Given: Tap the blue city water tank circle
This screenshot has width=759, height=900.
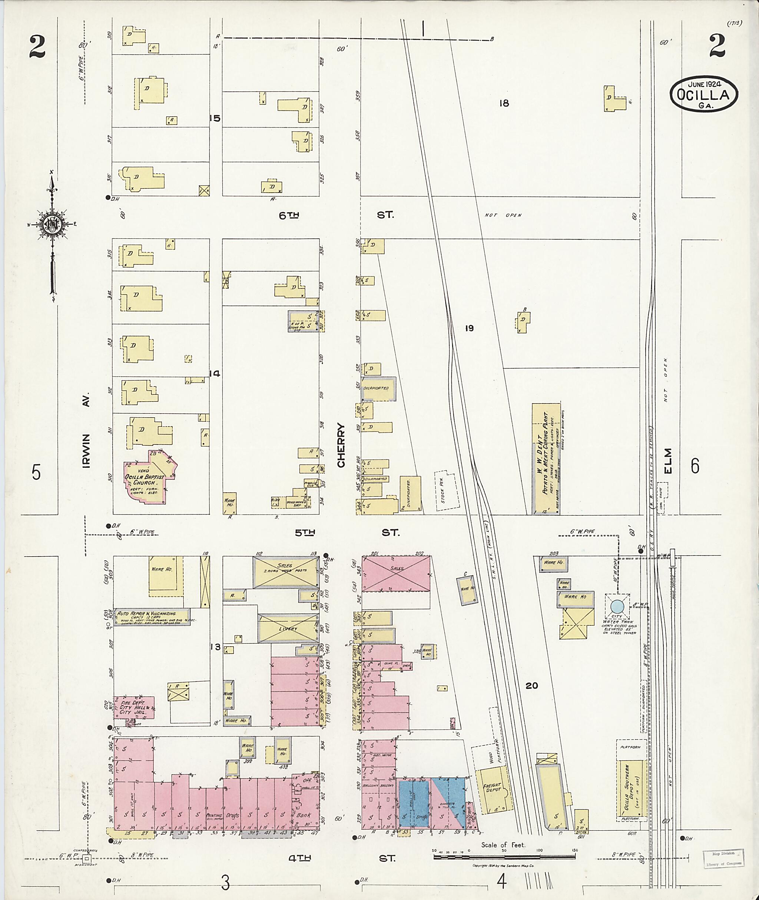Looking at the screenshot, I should pyautogui.click(x=617, y=607).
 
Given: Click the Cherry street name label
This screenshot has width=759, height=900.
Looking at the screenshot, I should pyautogui.click(x=341, y=445).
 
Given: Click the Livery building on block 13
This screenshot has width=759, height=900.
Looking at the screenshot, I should pyautogui.click(x=288, y=628).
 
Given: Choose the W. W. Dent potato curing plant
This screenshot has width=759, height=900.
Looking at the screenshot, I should pyautogui.click(x=546, y=458).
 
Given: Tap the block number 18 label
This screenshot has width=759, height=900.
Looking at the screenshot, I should pyautogui.click(x=504, y=103).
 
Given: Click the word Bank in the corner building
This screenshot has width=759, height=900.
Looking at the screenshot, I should pyautogui.click(x=304, y=815).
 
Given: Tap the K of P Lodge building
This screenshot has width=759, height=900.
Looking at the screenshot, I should pyautogui.click(x=304, y=321).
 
